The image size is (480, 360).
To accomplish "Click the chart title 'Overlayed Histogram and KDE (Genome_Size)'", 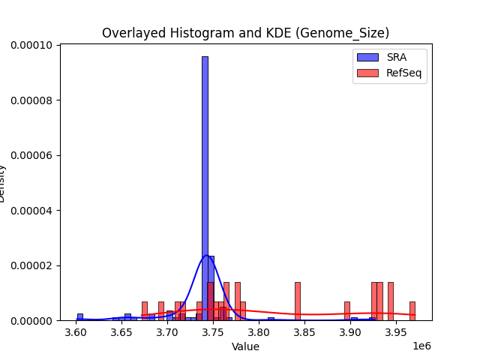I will [245, 33].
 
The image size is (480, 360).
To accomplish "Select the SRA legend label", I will [396, 57].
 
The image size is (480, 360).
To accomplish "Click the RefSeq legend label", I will [403, 72].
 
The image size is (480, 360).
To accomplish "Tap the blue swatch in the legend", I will [367, 57].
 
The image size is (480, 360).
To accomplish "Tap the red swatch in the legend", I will [367, 72].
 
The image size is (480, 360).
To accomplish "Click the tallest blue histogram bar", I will [205, 187].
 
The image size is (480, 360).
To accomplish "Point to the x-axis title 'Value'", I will [245, 346].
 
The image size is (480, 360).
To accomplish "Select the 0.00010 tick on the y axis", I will [31, 45].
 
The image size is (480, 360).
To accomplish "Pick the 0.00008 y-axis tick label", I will [31, 100].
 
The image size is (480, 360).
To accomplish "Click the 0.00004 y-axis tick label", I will [31, 211].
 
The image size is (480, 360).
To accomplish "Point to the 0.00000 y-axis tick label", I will [31, 321].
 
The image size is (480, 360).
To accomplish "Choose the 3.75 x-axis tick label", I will [213, 332].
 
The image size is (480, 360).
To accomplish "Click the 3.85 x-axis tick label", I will [304, 332].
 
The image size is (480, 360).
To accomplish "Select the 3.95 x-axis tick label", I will [396, 332].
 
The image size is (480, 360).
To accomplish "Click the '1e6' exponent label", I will [423, 345].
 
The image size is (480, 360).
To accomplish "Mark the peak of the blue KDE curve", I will [206, 256].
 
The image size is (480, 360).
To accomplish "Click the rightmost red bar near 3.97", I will [412, 310].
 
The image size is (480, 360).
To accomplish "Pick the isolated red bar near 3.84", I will [297, 301].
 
